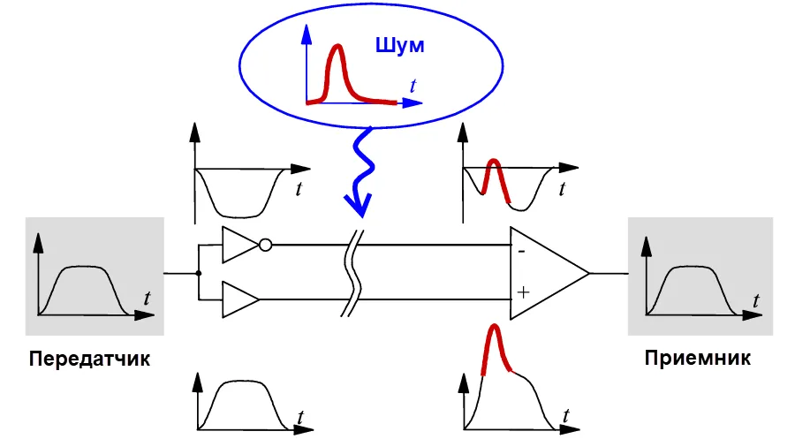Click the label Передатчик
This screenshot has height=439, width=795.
[x=89, y=360]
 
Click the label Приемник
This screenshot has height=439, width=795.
[x=698, y=360]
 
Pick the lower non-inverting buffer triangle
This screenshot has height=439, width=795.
[x=239, y=299]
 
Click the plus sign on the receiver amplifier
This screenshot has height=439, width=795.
[x=523, y=290]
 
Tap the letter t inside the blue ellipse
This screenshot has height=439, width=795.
[x=413, y=86]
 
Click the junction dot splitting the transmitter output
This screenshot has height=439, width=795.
[x=199, y=273]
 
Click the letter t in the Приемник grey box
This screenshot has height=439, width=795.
[x=756, y=300]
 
